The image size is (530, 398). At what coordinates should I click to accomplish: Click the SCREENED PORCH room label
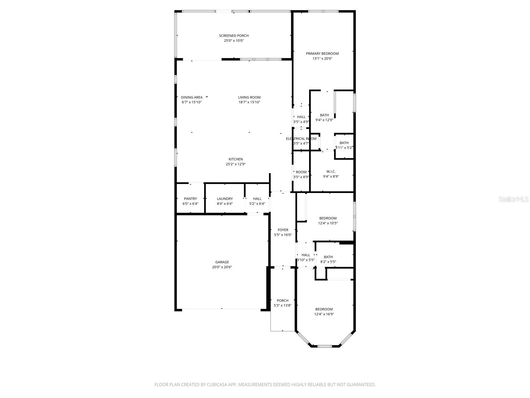234,36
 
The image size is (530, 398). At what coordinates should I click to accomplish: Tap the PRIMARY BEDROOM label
322,54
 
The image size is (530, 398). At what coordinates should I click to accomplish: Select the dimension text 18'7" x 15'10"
249,102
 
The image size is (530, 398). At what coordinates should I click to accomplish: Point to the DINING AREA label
191,98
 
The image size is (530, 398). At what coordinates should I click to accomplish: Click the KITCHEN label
236,159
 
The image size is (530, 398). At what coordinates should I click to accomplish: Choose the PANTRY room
190,199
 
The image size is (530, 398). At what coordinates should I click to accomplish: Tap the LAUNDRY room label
225,199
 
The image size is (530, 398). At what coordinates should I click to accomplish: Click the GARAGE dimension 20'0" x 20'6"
222,267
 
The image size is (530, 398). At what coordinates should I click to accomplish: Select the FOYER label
283,230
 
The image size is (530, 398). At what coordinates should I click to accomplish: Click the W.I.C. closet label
331,171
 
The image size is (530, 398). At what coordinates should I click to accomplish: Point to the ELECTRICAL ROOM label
301,139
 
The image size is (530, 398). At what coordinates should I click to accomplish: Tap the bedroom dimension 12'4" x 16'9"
324,314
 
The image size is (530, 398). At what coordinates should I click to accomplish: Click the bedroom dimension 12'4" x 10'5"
328,223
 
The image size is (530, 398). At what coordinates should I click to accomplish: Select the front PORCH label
283,301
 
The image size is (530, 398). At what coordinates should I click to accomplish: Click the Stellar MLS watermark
514,199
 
